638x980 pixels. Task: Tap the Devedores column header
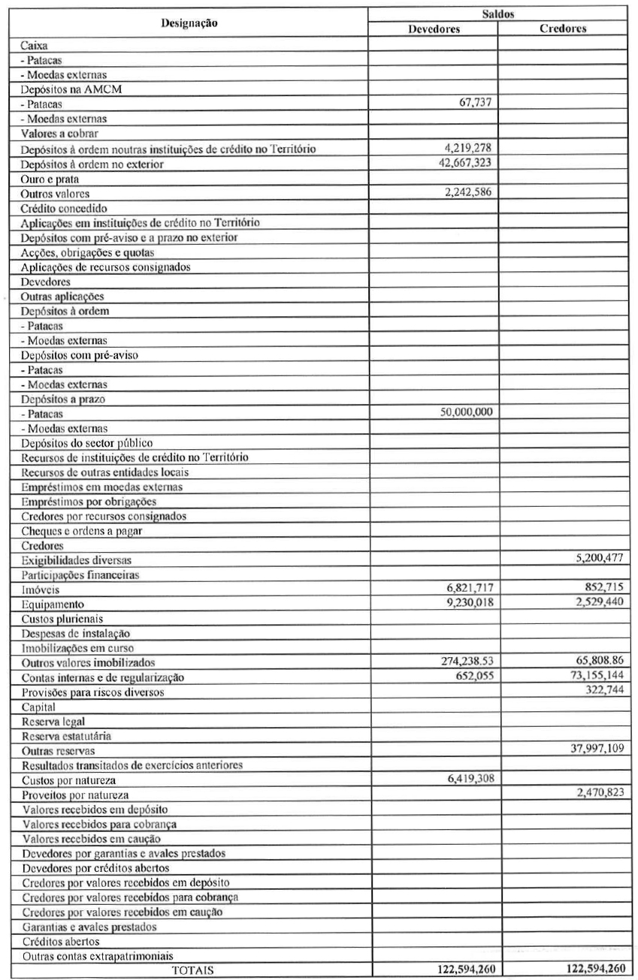[434, 30]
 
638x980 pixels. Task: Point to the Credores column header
[562, 30]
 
